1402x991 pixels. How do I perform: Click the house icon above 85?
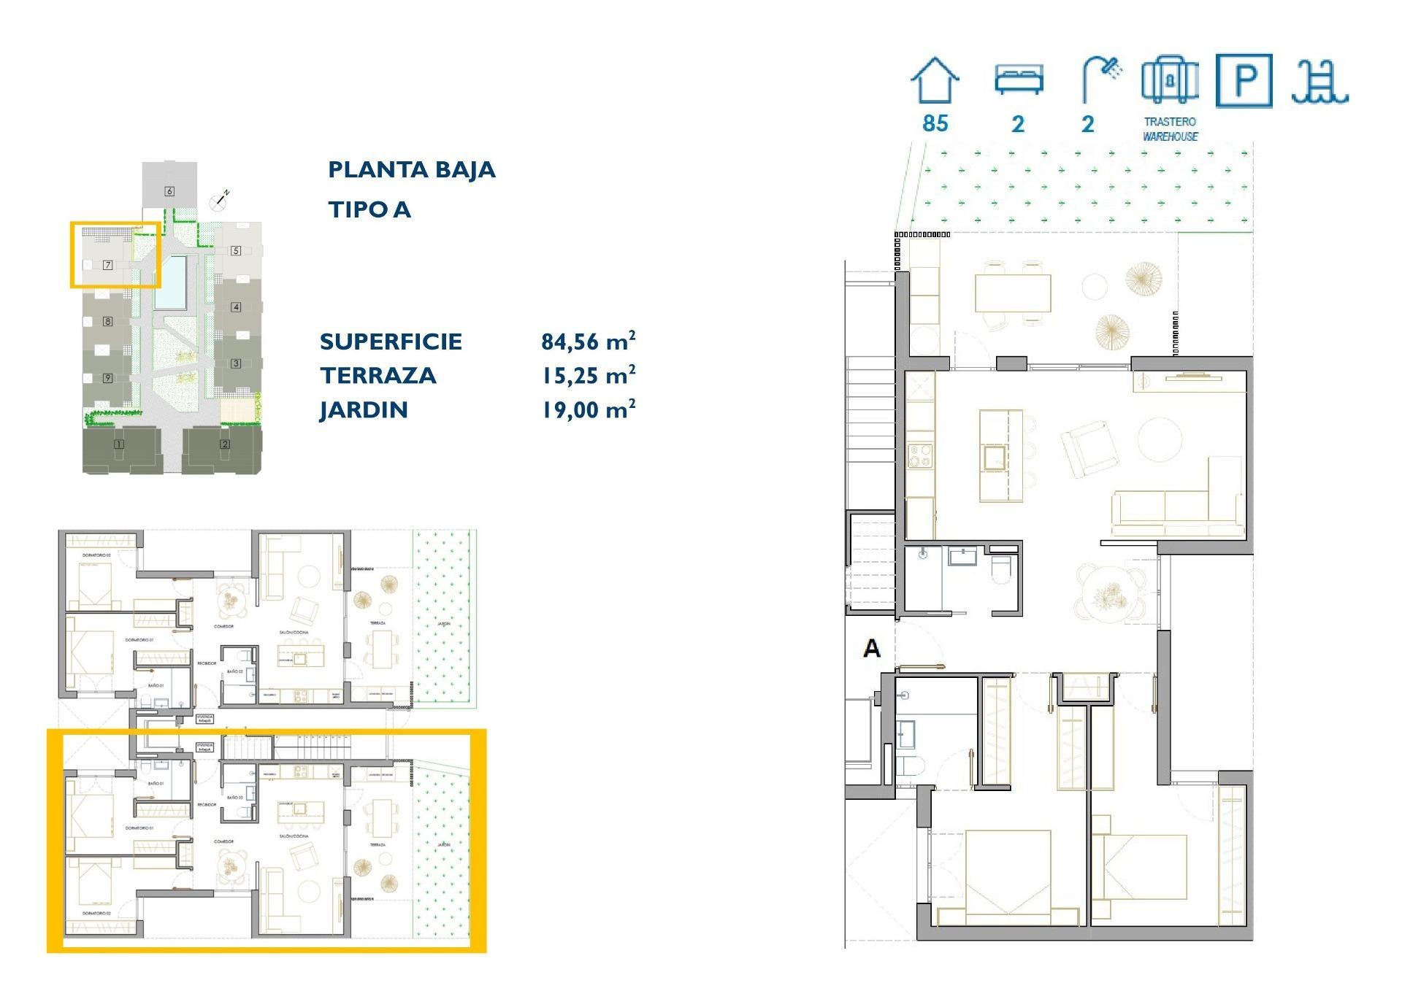[935, 81]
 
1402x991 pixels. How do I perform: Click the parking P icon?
[1244, 80]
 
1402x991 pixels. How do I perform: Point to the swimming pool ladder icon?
[1319, 82]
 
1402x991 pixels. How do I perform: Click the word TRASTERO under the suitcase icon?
[1170, 122]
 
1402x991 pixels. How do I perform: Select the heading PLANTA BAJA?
[411, 170]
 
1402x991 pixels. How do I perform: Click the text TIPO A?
[369, 210]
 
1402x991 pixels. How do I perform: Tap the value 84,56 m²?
[588, 341]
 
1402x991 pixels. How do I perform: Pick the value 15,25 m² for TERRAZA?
[588, 375]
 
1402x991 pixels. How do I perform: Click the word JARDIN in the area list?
[363, 410]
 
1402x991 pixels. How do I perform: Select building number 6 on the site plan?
[169, 191]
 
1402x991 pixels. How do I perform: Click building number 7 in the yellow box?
[107, 265]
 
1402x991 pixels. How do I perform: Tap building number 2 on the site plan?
[225, 444]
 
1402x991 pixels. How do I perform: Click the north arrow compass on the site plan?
[219, 199]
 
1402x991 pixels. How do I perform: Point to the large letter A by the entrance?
[871, 648]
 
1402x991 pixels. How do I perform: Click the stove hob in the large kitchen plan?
[920, 456]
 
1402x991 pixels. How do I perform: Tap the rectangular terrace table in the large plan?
[1013, 293]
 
